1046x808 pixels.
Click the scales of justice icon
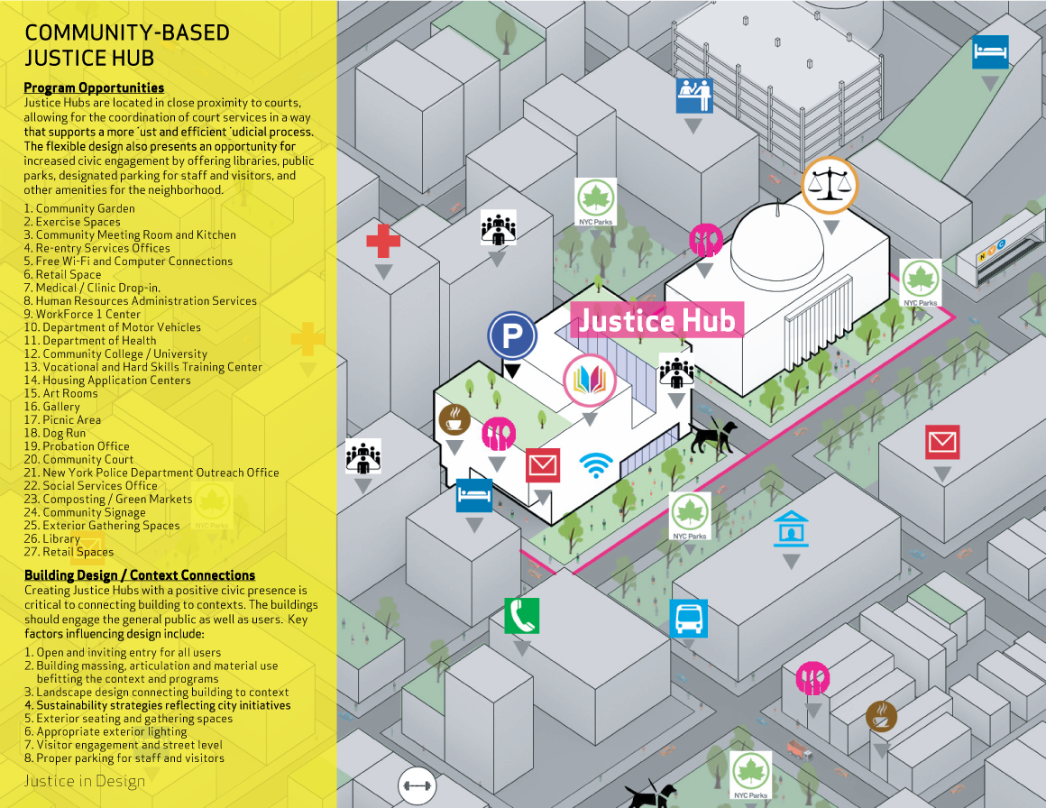(830, 185)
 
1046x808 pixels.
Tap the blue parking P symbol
(512, 336)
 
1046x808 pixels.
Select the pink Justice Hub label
(656, 320)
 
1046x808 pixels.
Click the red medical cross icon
(382, 242)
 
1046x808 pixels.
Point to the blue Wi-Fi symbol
(595, 464)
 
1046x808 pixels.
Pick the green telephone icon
(521, 616)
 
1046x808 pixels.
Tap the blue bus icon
(689, 620)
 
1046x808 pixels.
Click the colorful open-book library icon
(589, 381)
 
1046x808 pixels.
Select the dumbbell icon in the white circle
(417, 785)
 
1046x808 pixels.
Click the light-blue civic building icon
(791, 528)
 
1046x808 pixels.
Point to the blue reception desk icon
(694, 95)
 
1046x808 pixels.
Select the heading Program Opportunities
(94, 87)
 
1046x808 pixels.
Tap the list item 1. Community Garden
(79, 208)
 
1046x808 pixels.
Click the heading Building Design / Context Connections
(139, 575)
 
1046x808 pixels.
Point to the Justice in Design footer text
(85, 781)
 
